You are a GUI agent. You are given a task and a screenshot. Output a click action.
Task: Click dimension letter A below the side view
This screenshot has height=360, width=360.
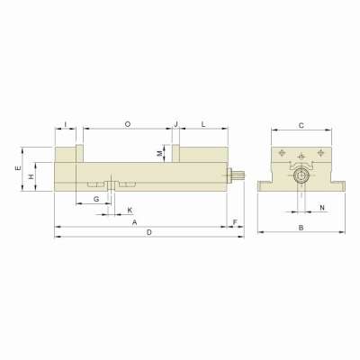[134, 220]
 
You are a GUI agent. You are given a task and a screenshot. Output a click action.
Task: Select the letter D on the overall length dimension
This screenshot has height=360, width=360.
[149, 233]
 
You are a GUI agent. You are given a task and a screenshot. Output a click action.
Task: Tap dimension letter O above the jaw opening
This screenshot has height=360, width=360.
[127, 122]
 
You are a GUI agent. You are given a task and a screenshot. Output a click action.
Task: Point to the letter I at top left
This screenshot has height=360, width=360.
[66, 122]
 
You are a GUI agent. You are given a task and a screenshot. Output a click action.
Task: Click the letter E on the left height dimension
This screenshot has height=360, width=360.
[18, 168]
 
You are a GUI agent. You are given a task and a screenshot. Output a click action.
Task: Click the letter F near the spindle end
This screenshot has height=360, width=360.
[234, 220]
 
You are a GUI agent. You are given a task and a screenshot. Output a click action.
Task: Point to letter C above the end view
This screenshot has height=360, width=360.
[301, 125]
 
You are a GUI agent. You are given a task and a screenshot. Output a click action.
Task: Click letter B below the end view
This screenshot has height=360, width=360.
[300, 228]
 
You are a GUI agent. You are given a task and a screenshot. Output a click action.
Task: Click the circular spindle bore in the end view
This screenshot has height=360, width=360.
[301, 177]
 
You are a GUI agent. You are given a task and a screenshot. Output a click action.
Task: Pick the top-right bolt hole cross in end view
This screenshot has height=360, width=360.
[317, 153]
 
